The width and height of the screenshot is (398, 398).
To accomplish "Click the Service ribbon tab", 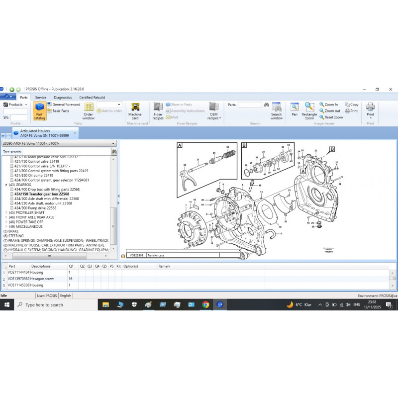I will pyautogui.click(x=41, y=98).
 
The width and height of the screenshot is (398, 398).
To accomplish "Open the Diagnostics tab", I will pyautogui.click(x=63, y=98).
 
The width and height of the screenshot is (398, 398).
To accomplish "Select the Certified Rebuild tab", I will pyautogui.click(x=92, y=98).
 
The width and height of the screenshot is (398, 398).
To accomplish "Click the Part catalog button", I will pyautogui.click(x=39, y=111).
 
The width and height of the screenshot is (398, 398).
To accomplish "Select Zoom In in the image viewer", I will pyautogui.click(x=329, y=104).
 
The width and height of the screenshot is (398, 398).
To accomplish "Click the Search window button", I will pyautogui.click(x=277, y=111).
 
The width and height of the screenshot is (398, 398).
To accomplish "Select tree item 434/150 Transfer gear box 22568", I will pyautogui.click(x=42, y=194).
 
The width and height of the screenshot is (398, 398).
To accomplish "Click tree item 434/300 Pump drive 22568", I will pyautogui.click(x=35, y=207).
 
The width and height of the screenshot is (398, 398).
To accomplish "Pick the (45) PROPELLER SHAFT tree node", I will pyautogui.click(x=31, y=212).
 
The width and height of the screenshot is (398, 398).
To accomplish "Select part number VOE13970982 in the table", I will pyautogui.click(x=18, y=279).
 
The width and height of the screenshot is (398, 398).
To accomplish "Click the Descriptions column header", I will pyautogui.click(x=41, y=266).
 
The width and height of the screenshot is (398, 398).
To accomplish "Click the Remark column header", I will pyautogui.click(x=164, y=266).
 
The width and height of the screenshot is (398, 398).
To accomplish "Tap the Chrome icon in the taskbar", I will pyautogui.click(x=205, y=304).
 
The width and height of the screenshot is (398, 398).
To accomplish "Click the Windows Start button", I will pyautogui.click(x=6, y=304).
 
